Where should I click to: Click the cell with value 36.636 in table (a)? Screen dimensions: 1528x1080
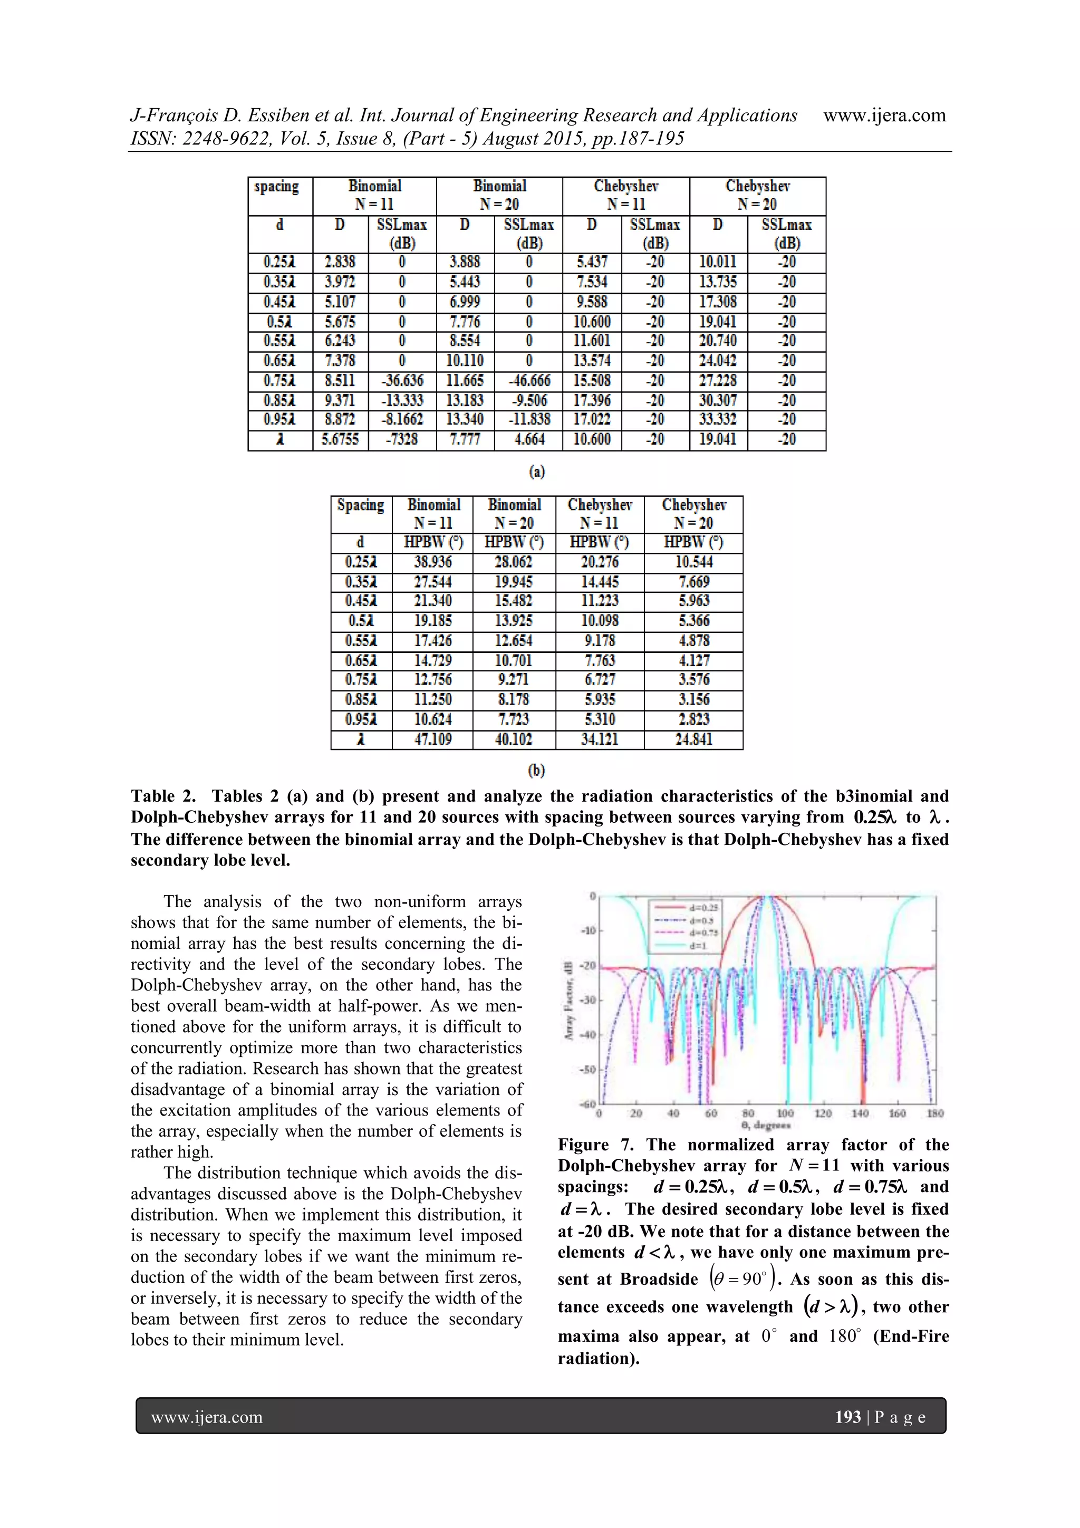[x=402, y=381]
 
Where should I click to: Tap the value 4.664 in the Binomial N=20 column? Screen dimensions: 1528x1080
[x=529, y=439]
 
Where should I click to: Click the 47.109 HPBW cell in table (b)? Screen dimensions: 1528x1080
[x=432, y=739]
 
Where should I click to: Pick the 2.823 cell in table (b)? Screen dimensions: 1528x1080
[x=693, y=719]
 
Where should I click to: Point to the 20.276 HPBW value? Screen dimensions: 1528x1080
[x=600, y=562]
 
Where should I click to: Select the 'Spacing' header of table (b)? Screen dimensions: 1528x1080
[x=360, y=505]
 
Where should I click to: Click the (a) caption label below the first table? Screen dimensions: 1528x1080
[x=537, y=472]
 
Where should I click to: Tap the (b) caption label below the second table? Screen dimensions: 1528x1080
[x=536, y=771]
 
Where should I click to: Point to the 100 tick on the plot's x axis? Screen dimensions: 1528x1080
[x=786, y=1113]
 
